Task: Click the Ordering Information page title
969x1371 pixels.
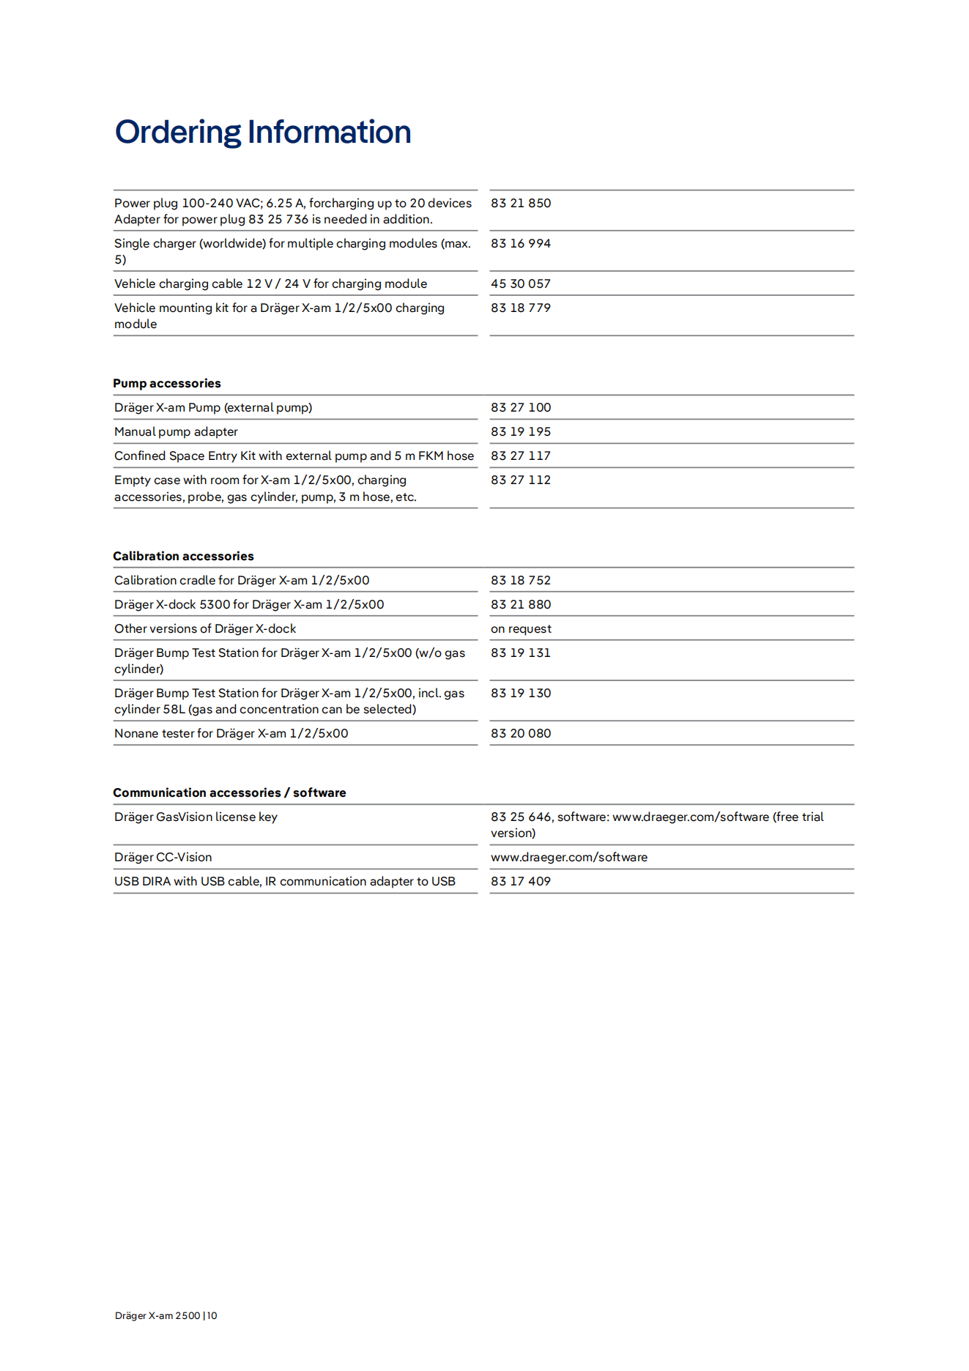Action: point(263,133)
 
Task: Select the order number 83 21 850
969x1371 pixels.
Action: point(521,203)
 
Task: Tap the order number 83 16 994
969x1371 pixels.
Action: point(521,243)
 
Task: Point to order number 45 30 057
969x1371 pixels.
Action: point(521,283)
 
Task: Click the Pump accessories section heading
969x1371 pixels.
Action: point(167,383)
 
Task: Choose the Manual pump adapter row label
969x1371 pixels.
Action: point(176,431)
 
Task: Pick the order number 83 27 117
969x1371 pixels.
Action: point(521,456)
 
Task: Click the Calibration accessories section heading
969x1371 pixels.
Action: point(183,556)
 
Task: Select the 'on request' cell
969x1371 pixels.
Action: point(521,628)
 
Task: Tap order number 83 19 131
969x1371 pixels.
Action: point(521,653)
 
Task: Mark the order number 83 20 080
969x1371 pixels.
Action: point(521,733)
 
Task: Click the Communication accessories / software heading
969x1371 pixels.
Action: point(229,792)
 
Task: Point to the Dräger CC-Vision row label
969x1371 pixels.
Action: point(163,857)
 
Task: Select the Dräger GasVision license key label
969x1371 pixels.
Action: point(196,817)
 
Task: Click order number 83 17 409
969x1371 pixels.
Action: point(521,881)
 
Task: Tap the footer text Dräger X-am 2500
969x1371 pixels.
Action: point(157,1315)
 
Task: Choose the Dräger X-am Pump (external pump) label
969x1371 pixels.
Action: point(213,407)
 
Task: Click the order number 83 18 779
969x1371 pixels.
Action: point(521,308)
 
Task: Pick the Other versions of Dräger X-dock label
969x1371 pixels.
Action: point(205,628)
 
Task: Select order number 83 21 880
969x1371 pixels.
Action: point(521,604)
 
